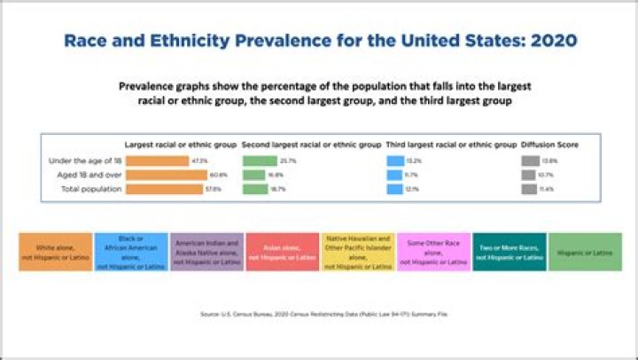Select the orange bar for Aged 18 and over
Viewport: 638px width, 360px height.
coord(159,176)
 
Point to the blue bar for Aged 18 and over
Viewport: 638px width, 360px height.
coord(393,176)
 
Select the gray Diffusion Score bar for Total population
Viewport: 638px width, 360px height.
coord(530,190)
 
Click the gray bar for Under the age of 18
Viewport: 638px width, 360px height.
coord(530,161)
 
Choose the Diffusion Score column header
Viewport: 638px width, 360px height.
coord(549,145)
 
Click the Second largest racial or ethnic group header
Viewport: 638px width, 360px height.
coord(311,145)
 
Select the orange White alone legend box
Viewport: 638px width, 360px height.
coord(56,252)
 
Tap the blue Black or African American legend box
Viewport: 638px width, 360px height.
coord(130,252)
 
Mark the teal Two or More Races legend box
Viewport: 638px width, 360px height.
coord(509,252)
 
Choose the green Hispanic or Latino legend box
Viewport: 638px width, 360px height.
coord(584,252)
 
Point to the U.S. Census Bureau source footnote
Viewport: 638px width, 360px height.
coord(319,313)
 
